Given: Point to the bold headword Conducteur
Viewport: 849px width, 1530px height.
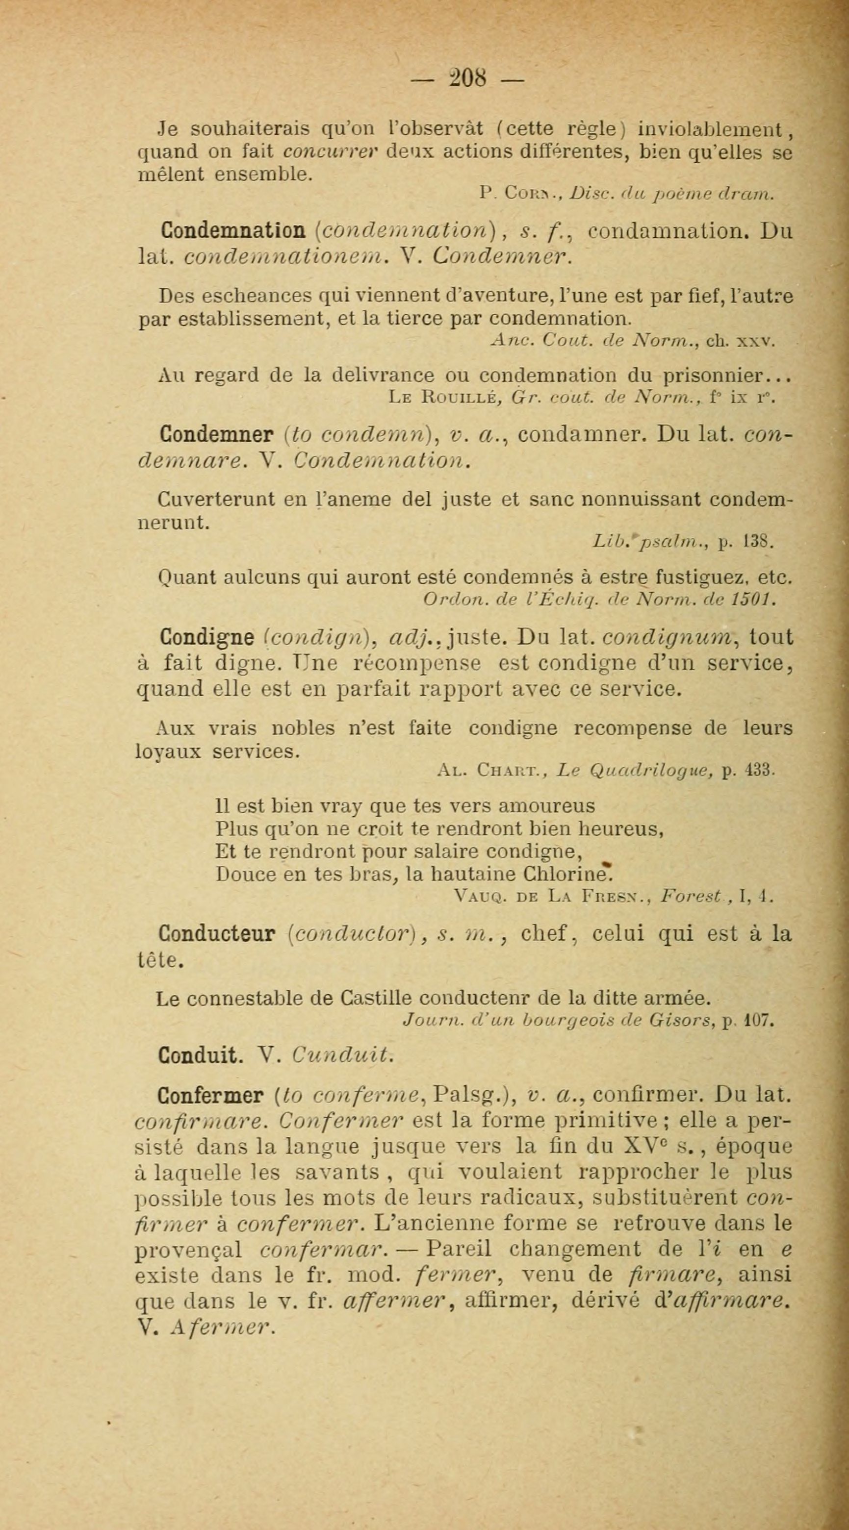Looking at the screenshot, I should tap(216, 934).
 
